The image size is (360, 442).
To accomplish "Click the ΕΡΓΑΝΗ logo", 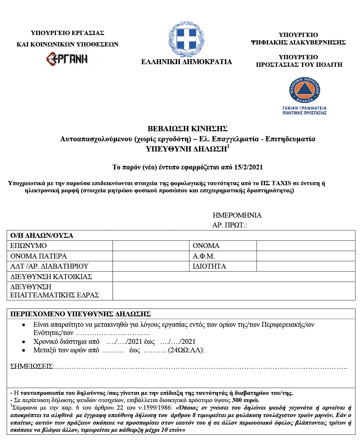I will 67,59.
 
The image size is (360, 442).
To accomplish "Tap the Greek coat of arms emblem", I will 186,39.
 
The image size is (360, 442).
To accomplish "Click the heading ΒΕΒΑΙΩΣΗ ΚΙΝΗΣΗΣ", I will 187,129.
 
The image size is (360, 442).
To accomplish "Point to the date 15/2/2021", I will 248,167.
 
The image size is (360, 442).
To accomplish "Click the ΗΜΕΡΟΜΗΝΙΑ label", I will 237,215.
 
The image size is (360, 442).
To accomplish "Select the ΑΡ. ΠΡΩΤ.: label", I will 229,225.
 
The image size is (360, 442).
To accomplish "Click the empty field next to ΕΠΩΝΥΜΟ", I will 151,246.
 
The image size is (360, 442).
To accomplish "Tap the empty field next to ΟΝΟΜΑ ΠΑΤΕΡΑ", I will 151,256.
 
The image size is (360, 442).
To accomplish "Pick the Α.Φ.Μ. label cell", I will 204,256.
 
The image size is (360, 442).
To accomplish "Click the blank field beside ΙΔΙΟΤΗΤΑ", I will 306,266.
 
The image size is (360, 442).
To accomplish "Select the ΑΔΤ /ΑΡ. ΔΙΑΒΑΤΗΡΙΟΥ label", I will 49,266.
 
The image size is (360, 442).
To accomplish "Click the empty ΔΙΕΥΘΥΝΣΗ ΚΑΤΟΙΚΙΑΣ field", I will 234,277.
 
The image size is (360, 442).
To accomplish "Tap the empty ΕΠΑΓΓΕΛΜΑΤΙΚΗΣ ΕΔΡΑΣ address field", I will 234,291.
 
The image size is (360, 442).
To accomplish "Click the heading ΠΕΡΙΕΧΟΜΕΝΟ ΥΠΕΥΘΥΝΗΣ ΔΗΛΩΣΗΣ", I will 81,314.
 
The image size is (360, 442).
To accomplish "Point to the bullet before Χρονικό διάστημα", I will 24,342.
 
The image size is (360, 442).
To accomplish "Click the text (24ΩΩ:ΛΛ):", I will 186,350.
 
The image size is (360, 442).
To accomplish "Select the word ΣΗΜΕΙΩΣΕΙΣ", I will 31,366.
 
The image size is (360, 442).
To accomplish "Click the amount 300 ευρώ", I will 245,400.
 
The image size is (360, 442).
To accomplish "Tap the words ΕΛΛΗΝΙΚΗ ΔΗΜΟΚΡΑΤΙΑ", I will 186,62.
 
